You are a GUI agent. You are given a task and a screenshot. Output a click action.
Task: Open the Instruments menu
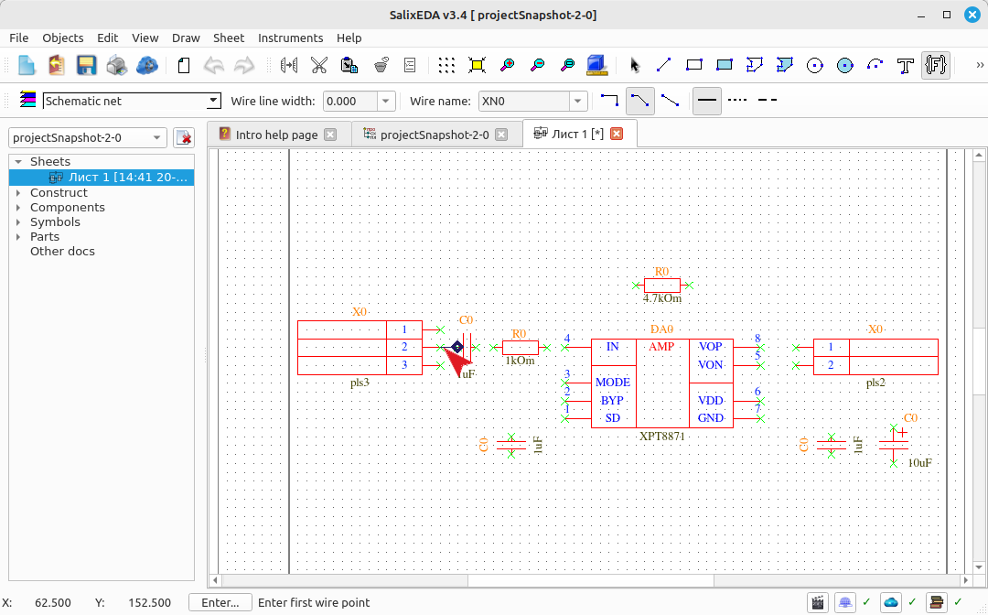[x=291, y=38]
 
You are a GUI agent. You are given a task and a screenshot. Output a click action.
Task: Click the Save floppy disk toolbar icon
[x=86, y=65]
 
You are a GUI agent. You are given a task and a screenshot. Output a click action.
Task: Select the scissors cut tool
[x=319, y=65]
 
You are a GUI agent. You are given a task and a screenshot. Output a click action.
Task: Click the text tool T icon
[x=906, y=65]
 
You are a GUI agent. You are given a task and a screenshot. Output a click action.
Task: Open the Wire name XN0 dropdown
[x=578, y=101]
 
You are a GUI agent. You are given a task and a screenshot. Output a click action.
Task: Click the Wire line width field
[x=350, y=101]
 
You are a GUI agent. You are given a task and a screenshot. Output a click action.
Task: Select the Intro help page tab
[x=276, y=135]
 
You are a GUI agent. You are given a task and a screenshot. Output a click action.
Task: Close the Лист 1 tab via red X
[x=617, y=134]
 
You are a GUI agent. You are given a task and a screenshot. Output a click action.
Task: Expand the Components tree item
[x=18, y=208]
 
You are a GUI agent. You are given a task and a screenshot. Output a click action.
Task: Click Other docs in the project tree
[x=62, y=251]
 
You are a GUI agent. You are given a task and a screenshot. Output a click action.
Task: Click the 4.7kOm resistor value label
[x=662, y=298]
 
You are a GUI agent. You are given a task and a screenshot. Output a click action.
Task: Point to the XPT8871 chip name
[x=661, y=436]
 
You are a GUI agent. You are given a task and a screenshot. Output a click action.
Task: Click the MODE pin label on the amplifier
[x=612, y=382]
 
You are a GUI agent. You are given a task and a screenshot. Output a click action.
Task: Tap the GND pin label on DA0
[x=710, y=417]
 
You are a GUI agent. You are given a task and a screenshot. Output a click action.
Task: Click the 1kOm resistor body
[x=521, y=347]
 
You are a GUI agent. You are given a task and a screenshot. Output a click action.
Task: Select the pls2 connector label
[x=875, y=383]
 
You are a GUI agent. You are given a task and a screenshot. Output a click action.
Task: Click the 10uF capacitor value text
[x=920, y=462]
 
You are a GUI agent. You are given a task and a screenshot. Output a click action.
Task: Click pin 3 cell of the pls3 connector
[x=404, y=365]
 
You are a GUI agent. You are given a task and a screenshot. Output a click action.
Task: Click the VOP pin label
[x=710, y=347]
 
